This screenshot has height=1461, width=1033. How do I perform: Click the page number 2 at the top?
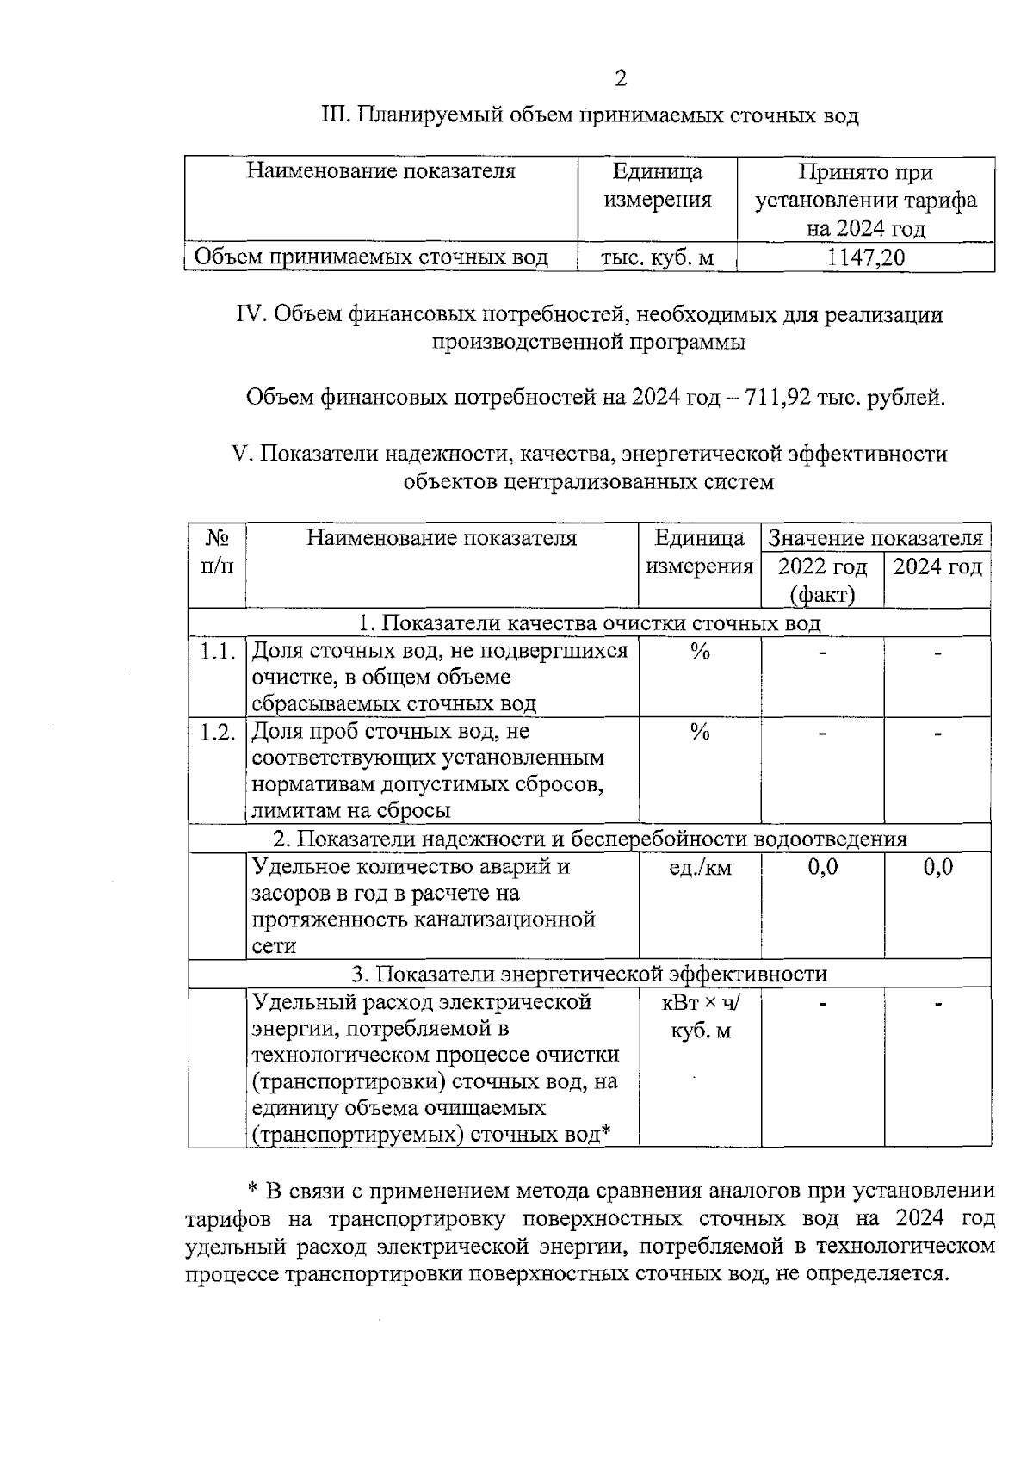[x=621, y=79]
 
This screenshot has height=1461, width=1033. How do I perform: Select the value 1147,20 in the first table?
[x=865, y=257]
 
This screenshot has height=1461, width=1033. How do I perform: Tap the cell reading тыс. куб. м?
[x=658, y=257]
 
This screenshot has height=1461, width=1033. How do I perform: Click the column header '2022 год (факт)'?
[x=822, y=580]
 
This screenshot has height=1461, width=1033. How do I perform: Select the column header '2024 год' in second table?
[x=937, y=567]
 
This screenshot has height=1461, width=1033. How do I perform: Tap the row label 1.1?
[x=218, y=652]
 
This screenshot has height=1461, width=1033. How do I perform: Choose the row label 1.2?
[x=218, y=732]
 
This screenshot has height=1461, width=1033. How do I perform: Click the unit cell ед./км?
[x=700, y=868]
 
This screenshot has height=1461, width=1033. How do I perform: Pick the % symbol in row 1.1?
[x=700, y=653]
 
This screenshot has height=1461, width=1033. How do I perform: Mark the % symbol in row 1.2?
[x=700, y=733]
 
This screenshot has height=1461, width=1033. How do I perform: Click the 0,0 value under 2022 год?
[x=822, y=867]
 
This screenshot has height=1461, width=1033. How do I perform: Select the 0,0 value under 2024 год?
[x=937, y=867]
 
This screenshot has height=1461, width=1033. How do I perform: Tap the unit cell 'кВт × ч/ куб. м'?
[x=700, y=1016]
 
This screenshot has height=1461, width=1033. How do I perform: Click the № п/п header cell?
[x=218, y=552]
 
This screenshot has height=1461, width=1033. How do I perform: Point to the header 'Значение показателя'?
[x=875, y=539]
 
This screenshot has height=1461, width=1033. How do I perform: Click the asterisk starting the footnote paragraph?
[x=253, y=1190]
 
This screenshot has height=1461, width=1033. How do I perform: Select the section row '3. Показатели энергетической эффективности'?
[x=589, y=974]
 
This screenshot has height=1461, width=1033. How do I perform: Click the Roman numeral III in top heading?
[x=332, y=115]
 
